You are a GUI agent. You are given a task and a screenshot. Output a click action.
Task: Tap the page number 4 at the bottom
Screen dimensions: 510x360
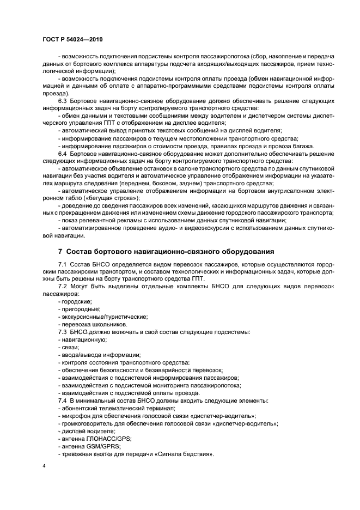(45, 466)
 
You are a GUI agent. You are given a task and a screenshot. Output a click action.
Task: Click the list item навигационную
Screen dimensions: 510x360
(82, 339)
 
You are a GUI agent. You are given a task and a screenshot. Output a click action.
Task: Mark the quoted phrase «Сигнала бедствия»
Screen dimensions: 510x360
(186, 454)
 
